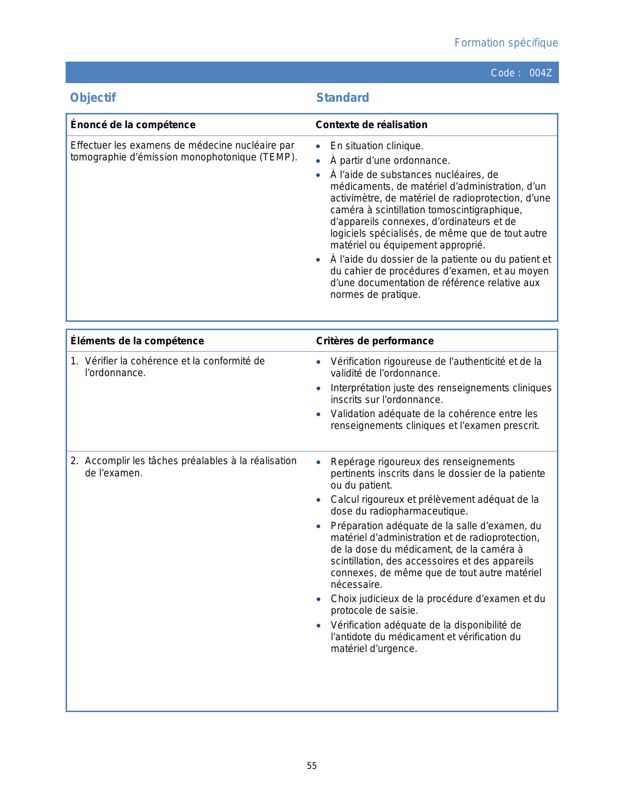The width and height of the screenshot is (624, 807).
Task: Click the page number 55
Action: [x=312, y=766]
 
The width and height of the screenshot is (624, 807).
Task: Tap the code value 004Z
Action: [x=540, y=73]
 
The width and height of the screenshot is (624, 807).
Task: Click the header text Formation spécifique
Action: [x=506, y=43]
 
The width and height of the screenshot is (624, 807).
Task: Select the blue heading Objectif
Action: [x=93, y=98]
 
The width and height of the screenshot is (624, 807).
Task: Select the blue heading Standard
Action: [x=343, y=98]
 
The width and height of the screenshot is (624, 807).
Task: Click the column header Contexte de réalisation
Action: [x=371, y=125]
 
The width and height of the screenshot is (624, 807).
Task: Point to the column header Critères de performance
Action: [x=375, y=341]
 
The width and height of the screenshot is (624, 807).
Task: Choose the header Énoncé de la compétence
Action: [x=133, y=125]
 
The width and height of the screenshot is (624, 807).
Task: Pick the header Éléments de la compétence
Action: [x=137, y=341]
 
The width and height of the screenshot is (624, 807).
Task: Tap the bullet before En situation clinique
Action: [x=319, y=146]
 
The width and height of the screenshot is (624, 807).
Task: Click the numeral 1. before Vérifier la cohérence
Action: [x=74, y=361]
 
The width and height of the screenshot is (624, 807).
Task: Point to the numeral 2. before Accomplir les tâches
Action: [x=74, y=461]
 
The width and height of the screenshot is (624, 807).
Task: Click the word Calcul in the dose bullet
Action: [x=343, y=499]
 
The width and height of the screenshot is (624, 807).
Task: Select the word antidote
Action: [x=353, y=637]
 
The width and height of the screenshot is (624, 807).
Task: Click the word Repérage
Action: [x=351, y=462]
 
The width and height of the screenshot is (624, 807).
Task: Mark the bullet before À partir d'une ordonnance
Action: [x=319, y=161]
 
